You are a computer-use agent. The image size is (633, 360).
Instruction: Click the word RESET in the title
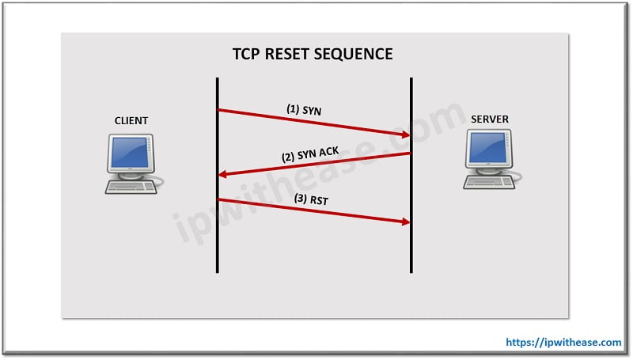coord(295,55)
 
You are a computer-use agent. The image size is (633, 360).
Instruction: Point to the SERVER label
coord(489,119)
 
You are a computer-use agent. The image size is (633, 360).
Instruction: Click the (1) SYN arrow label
coord(304,109)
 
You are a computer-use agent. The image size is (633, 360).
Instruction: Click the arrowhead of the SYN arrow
coord(403,135)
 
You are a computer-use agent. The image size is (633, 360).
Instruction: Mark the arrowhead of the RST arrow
coord(403,222)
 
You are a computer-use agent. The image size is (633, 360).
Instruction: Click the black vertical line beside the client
coord(217,237)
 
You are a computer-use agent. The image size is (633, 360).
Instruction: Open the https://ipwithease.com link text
coord(563,343)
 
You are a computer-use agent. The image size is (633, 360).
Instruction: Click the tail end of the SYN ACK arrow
coord(409,153)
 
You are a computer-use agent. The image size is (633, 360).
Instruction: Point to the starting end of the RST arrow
coord(219,199)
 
